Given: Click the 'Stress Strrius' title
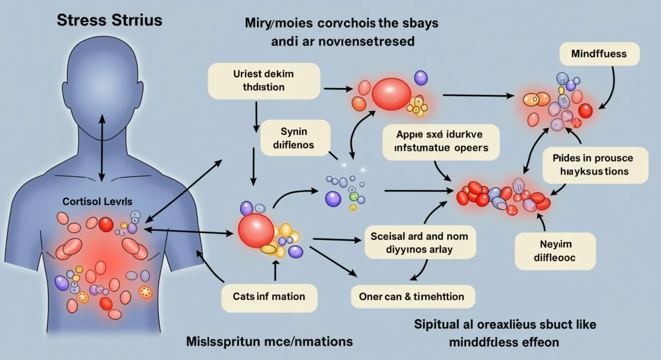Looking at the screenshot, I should click(110, 20).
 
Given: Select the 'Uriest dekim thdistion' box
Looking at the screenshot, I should click(264, 80).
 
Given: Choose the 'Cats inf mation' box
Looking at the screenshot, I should click(269, 297).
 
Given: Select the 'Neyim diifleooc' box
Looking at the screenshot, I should click(555, 250).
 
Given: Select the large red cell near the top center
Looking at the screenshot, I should click(391, 94).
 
